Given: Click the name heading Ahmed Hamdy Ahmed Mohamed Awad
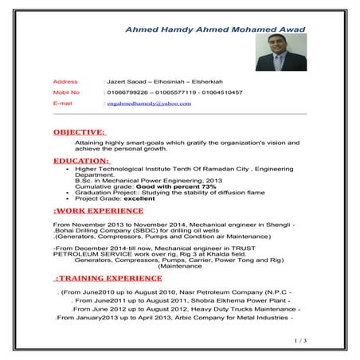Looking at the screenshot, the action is (214, 29).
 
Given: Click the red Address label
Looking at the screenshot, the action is (65, 82).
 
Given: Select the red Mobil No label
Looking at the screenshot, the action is (67, 92).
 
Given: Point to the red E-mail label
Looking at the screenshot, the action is (64, 104).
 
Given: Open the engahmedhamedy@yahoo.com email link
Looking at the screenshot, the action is (147, 104).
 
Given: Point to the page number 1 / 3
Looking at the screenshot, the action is (300, 340).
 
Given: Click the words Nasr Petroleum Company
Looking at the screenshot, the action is (221, 292).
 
